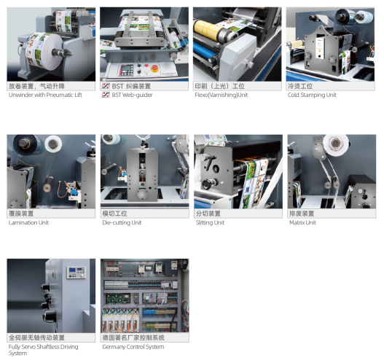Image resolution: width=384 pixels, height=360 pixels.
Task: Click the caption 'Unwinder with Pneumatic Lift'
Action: (45, 95)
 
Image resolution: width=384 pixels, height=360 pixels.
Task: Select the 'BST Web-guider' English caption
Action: (132, 95)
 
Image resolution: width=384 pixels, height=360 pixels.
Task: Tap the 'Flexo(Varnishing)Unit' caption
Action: (222, 95)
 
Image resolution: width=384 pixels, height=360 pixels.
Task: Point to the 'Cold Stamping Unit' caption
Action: (312, 95)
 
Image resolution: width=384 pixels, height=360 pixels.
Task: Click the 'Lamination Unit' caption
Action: (28, 222)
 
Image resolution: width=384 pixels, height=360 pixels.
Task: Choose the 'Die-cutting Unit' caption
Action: (122, 222)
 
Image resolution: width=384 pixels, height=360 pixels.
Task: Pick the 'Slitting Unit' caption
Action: (210, 222)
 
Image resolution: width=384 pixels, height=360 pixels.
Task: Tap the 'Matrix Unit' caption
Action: (302, 222)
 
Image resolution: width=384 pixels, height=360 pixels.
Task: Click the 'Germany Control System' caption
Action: (133, 347)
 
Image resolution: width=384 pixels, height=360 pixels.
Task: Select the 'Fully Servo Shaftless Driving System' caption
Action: (43, 350)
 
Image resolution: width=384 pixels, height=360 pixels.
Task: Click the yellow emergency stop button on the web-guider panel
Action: (154, 69)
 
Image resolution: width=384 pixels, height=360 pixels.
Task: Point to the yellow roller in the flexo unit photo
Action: (207, 31)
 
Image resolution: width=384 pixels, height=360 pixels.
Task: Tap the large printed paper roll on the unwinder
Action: (44, 51)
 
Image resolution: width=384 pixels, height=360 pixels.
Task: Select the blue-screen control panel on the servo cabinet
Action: (77, 273)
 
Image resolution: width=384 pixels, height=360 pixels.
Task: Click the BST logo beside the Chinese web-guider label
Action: (106, 86)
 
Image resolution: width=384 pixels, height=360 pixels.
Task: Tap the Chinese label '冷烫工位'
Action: (300, 86)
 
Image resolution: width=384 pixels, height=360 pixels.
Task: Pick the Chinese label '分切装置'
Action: (208, 214)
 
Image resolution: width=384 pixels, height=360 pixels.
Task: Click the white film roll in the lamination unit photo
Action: (53, 144)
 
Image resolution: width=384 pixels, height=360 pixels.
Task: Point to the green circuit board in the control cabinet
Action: (117, 299)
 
